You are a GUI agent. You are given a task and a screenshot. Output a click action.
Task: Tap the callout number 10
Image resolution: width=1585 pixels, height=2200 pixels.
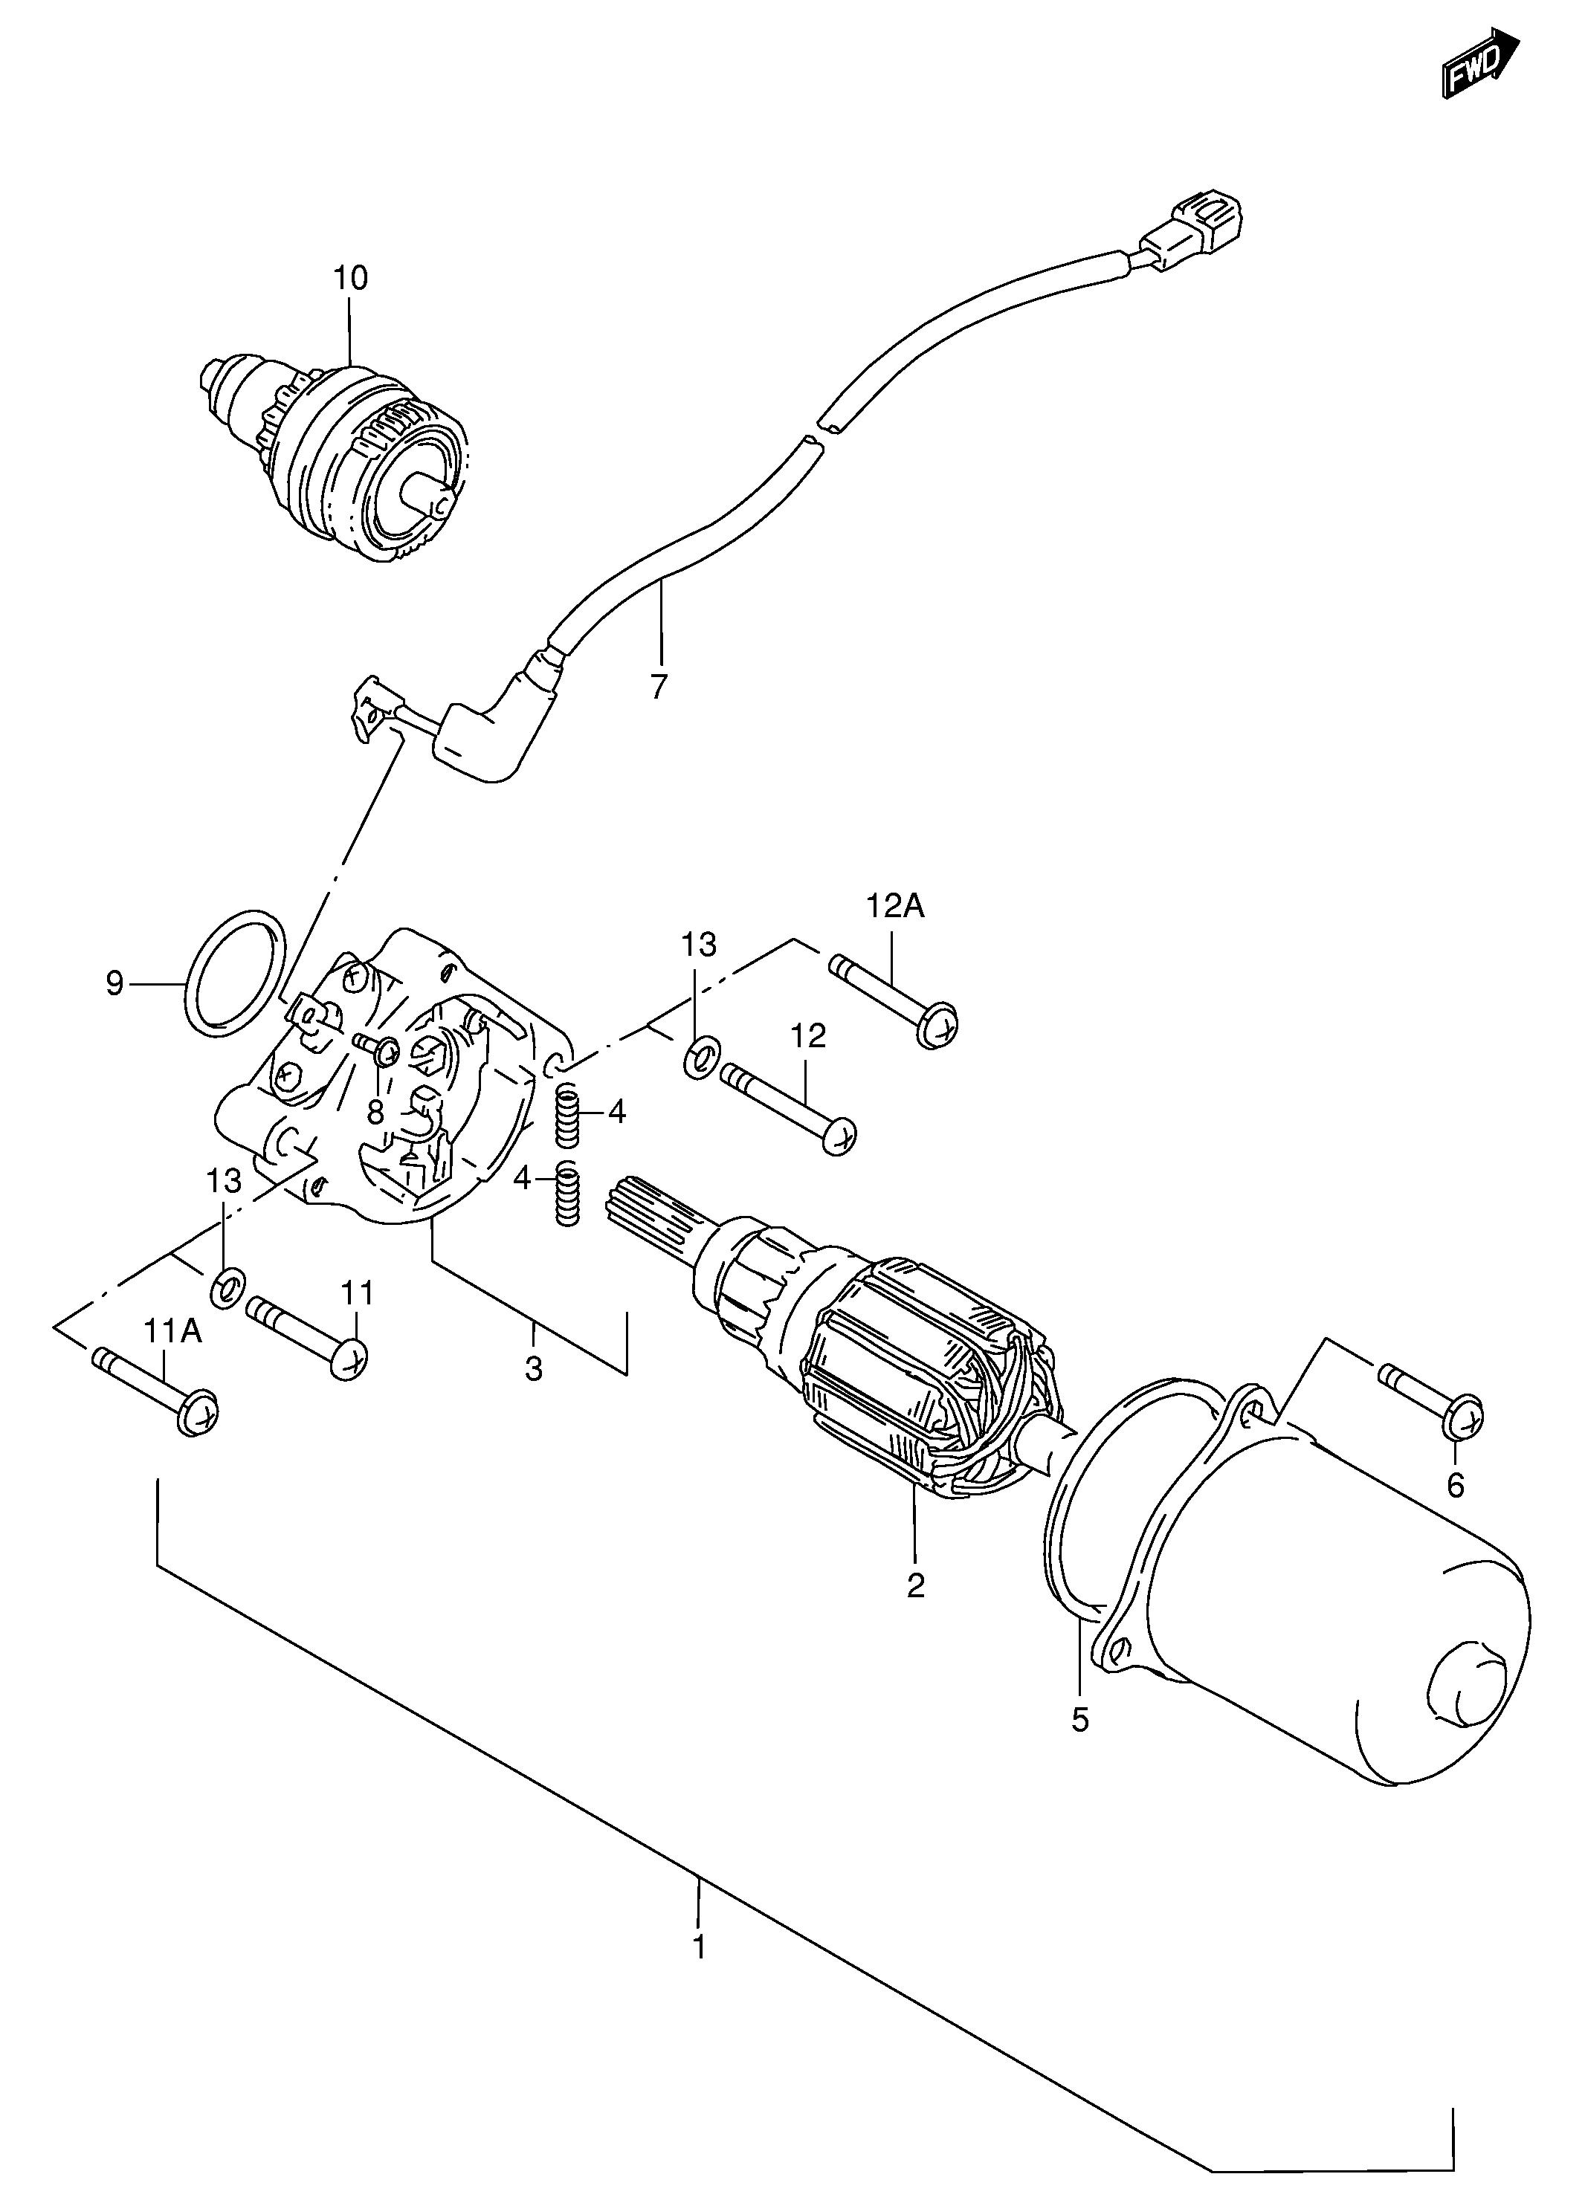click(x=350, y=279)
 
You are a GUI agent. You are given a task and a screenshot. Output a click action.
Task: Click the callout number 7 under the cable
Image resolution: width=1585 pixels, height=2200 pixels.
click(x=659, y=686)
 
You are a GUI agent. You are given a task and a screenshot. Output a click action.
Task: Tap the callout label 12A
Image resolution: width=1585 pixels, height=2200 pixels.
click(x=894, y=906)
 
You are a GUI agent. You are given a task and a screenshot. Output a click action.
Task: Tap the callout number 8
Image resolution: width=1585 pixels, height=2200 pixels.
click(x=375, y=1112)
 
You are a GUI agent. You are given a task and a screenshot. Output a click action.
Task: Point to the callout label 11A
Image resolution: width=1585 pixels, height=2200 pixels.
click(x=174, y=1331)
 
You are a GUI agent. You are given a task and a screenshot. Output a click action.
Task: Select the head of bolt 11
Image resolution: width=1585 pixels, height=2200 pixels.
click(x=349, y=1357)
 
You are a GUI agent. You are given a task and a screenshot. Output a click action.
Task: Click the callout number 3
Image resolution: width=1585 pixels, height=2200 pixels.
click(x=534, y=1369)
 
